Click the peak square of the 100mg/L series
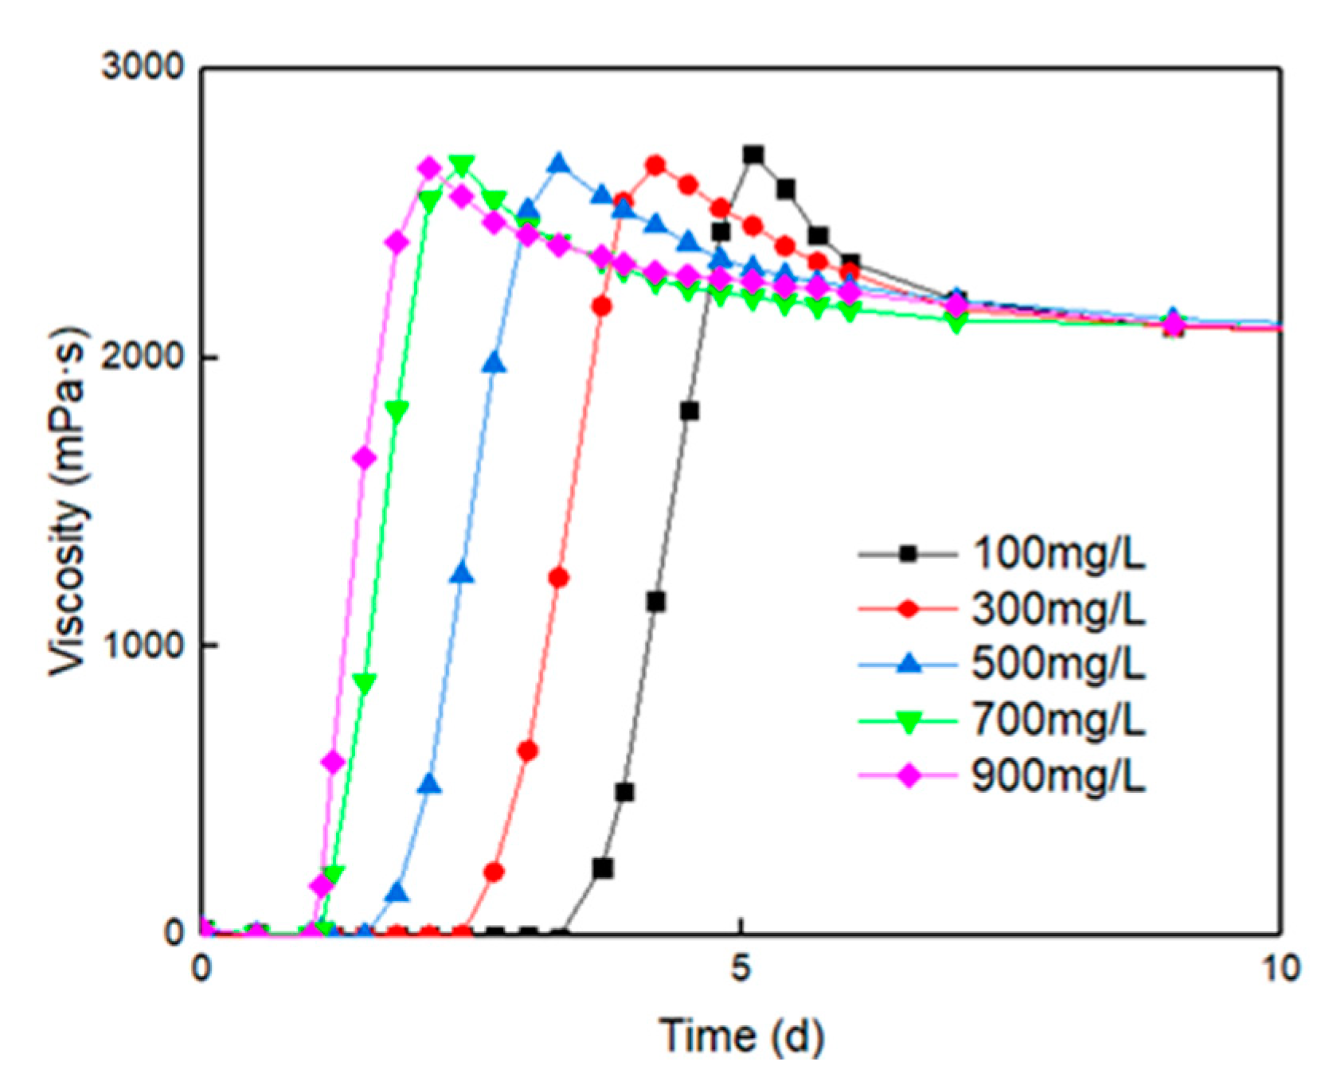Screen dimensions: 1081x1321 pyautogui.click(x=752, y=154)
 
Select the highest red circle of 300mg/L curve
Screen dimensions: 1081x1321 pyautogui.click(x=655, y=166)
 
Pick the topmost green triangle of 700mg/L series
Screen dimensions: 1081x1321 pyautogui.click(x=462, y=165)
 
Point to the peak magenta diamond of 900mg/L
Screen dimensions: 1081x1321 pyautogui.click(x=429, y=168)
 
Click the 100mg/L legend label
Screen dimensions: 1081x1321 pyautogui.click(x=1058, y=553)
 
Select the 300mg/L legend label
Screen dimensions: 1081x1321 pyautogui.click(x=1058, y=609)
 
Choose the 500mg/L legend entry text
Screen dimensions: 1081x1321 pyautogui.click(x=1058, y=663)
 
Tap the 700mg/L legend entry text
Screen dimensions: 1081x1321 pyautogui.click(x=1058, y=720)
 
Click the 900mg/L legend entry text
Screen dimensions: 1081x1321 pyautogui.click(x=1058, y=775)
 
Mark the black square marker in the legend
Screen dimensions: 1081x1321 pyautogui.click(x=908, y=553)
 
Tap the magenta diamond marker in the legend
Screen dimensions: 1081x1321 pyautogui.click(x=908, y=775)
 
